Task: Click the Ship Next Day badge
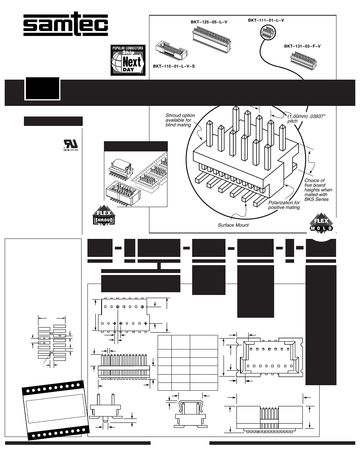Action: [x=128, y=60]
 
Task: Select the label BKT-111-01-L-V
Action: [x=266, y=20]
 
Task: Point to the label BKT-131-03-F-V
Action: [x=302, y=46]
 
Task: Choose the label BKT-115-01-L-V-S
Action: [x=174, y=66]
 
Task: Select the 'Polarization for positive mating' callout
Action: [x=284, y=205]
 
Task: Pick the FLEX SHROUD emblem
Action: [x=104, y=217]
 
